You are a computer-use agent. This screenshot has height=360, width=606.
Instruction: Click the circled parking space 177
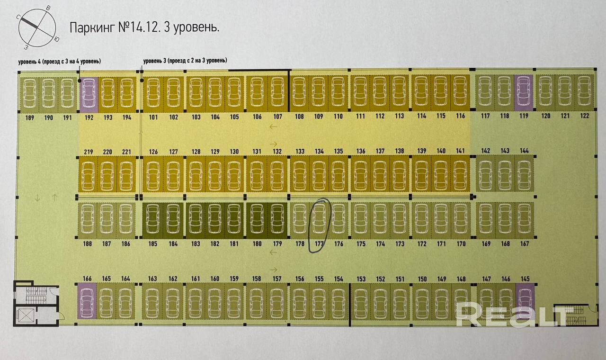(319, 221)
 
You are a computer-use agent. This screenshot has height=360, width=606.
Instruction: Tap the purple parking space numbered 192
(89, 93)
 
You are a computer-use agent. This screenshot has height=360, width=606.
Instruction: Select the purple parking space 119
(524, 93)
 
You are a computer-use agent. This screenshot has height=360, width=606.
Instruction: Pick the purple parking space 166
(87, 301)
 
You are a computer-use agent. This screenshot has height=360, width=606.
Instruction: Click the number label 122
(585, 117)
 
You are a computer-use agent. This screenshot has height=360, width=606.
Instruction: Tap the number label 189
(29, 118)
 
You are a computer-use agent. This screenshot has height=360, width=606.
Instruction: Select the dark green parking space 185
(152, 221)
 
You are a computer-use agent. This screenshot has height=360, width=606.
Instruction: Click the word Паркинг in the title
(92, 27)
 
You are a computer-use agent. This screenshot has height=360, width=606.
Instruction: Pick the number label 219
(88, 152)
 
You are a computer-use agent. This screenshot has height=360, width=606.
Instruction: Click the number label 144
(524, 151)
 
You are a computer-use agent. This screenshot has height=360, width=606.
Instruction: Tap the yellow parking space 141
(460, 173)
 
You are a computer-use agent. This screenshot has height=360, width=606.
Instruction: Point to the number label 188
(87, 244)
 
